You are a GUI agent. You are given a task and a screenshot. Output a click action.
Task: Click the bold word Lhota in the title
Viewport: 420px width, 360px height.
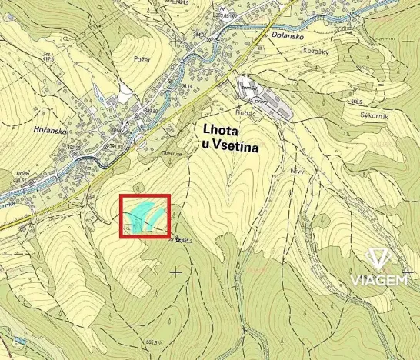click(221, 128)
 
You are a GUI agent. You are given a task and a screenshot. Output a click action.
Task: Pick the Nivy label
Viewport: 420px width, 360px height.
click(298, 171)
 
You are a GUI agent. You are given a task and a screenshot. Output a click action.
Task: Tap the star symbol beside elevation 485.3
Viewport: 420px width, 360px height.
click(177, 240)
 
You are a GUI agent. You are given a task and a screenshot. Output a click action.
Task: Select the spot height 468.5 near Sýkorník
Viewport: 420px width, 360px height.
click(355, 101)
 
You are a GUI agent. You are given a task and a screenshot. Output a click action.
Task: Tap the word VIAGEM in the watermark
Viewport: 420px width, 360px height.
click(379, 279)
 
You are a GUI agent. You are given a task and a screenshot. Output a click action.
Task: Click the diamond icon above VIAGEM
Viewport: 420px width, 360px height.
click(379, 258)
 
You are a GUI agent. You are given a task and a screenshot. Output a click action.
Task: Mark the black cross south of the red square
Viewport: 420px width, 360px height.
click(176, 271)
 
